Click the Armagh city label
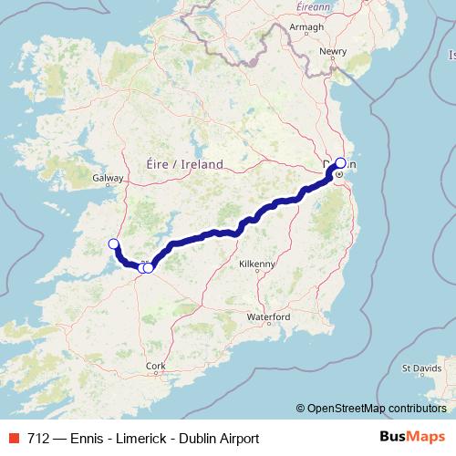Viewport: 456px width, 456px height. (x=308, y=26)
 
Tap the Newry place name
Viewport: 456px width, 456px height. (x=334, y=51)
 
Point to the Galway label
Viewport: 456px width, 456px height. (x=107, y=181)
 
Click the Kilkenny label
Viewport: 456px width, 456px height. (x=256, y=264)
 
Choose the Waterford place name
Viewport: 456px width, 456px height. (x=268, y=316)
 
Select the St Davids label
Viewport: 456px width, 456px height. (x=421, y=369)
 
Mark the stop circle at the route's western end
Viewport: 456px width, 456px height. (x=113, y=244)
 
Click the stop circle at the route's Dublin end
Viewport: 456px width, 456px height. (x=340, y=163)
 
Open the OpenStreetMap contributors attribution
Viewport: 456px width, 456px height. (x=380, y=408)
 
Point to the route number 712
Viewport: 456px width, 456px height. (x=39, y=438)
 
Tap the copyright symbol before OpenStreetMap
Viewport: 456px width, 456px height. (x=300, y=408)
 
